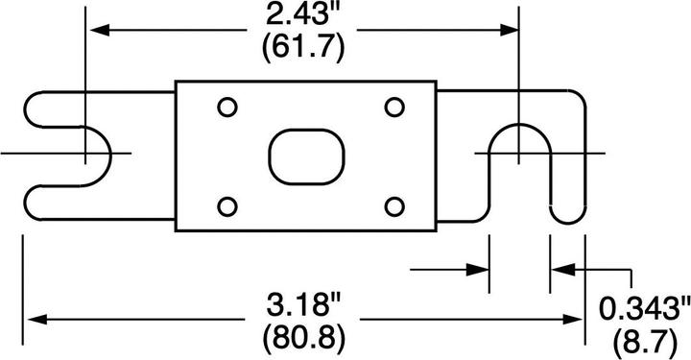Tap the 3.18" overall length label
pos(304,309)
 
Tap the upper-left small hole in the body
pos(226,107)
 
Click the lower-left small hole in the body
pos(226,205)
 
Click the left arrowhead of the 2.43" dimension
pos(95,29)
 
